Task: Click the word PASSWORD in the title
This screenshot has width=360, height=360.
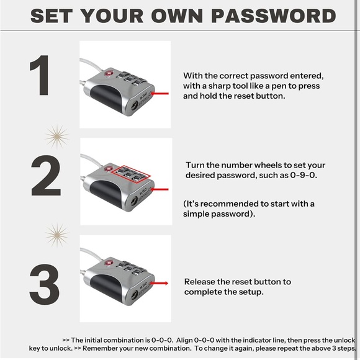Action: point(274,16)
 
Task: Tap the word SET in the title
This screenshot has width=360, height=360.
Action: point(52,16)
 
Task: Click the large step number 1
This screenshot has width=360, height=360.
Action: point(40,75)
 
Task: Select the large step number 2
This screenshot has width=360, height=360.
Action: point(46,175)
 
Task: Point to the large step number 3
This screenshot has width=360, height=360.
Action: point(45,284)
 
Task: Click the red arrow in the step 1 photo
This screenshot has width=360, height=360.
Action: point(160,94)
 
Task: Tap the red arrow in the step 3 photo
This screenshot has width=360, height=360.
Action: point(159,283)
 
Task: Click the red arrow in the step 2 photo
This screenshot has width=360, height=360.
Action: point(160,189)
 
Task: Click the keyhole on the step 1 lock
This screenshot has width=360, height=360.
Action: point(133,106)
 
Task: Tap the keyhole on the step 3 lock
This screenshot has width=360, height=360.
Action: point(133,295)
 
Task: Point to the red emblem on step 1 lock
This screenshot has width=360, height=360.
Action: point(108,73)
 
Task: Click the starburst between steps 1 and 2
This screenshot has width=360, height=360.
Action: point(56,137)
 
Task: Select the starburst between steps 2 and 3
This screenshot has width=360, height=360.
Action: point(56,235)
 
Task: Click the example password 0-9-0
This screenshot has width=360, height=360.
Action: point(304,175)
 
